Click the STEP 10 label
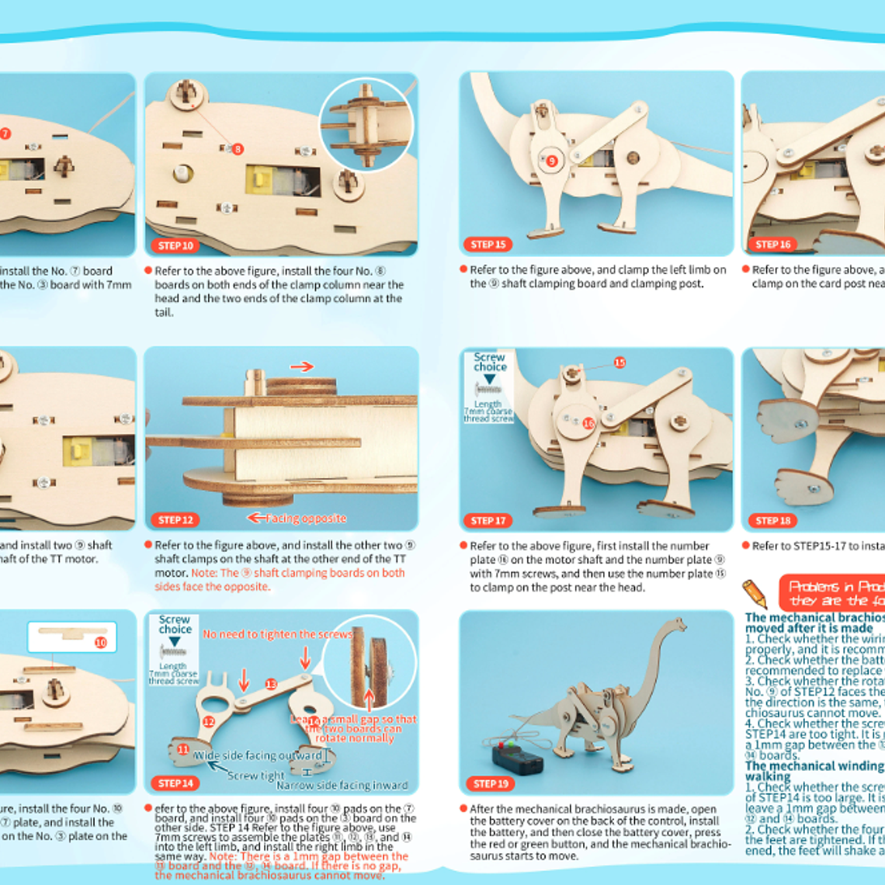click(175, 245)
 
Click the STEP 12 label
click(175, 519)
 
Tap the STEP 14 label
click(175, 783)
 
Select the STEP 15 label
click(488, 245)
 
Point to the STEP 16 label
click(773, 245)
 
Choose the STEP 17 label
click(488, 520)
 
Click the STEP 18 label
click(773, 520)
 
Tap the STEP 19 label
click(491, 783)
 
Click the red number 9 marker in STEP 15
click(552, 161)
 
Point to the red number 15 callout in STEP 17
click(619, 363)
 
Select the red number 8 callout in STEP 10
click(238, 148)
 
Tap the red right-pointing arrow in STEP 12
click(302, 366)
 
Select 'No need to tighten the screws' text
click(277, 634)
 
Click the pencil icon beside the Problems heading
click(755, 594)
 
